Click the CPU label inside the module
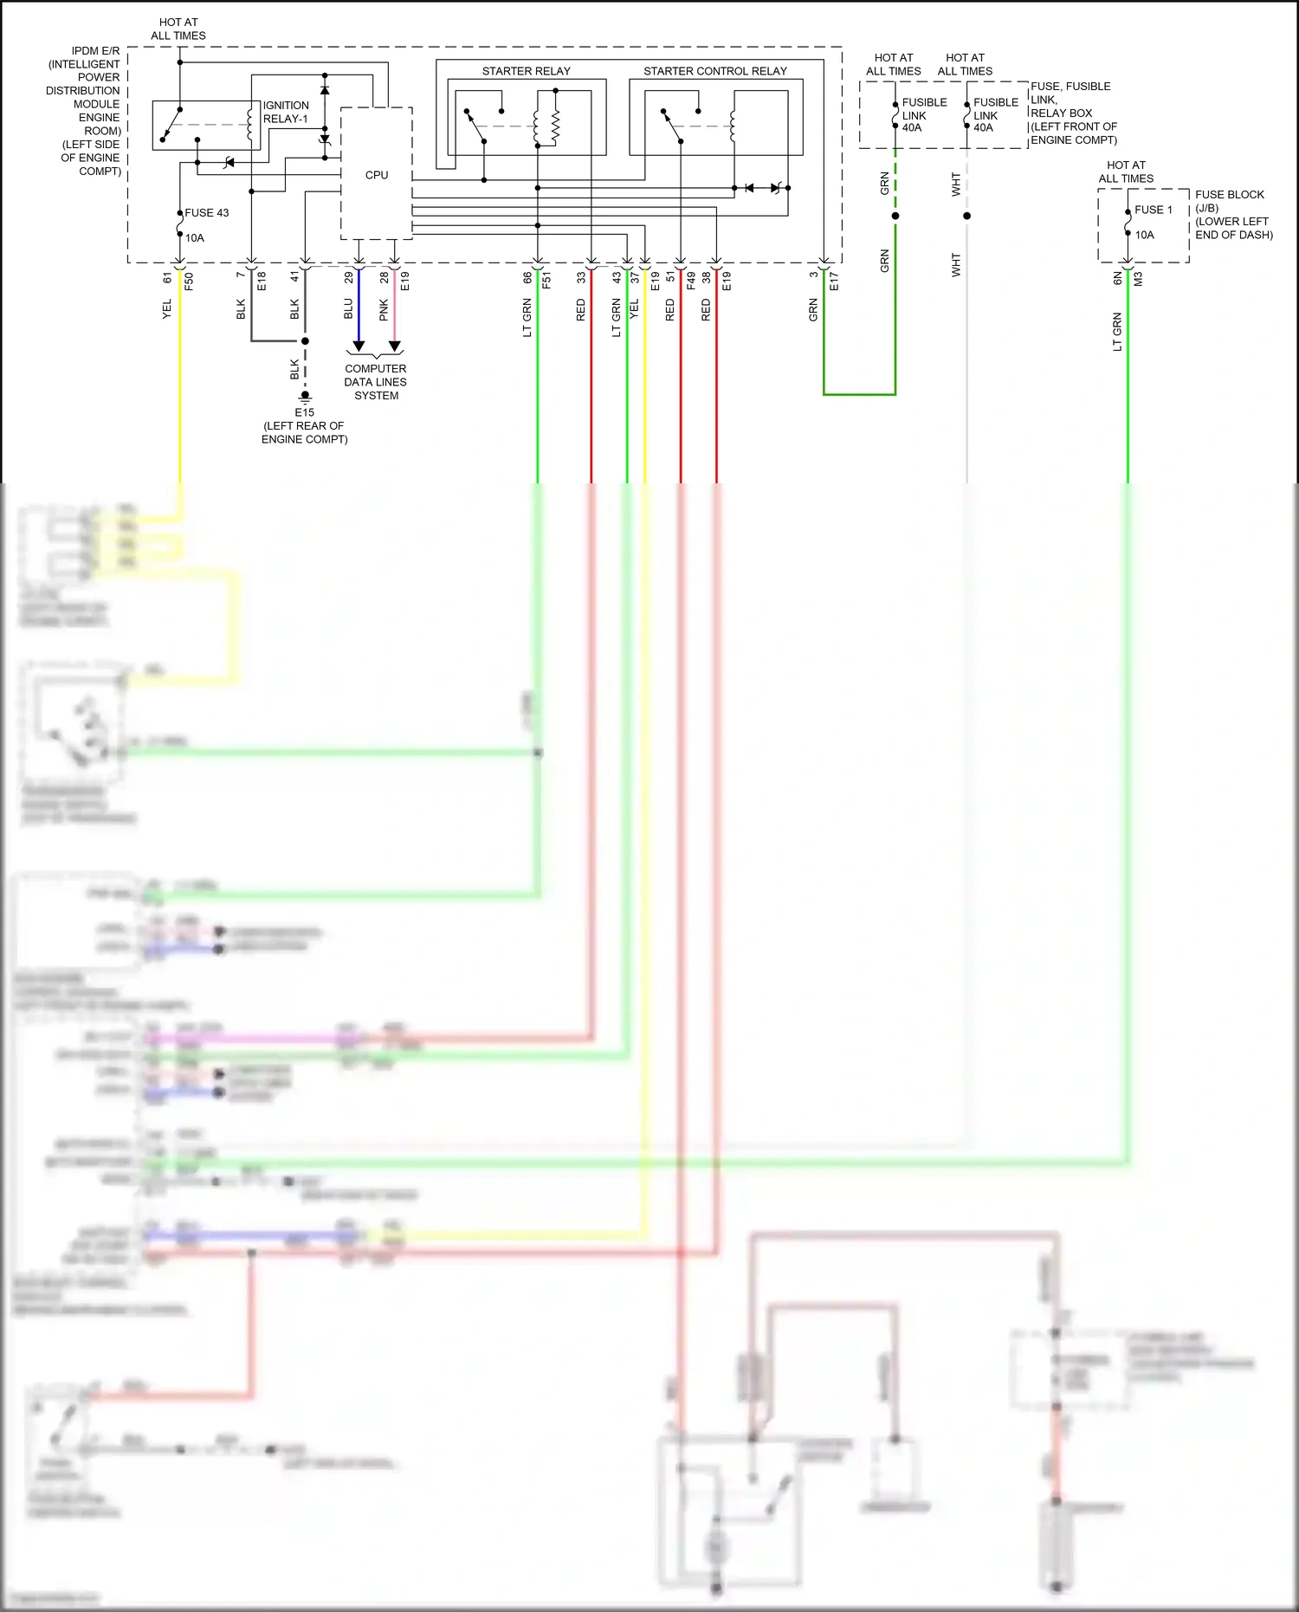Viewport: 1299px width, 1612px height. click(x=377, y=175)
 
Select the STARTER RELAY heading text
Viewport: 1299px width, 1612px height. click(x=526, y=71)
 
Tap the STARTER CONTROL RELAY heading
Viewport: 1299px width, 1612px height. click(x=714, y=71)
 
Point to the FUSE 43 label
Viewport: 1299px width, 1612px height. click(x=206, y=212)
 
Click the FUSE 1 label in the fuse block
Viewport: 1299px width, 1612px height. click(x=1154, y=210)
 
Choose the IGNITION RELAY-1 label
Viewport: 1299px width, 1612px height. click(x=286, y=112)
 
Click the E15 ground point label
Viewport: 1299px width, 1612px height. click(x=304, y=412)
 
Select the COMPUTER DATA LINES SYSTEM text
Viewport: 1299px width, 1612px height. click(x=376, y=382)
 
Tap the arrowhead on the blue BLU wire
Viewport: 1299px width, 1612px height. click(x=359, y=346)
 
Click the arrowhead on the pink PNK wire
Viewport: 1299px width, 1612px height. click(x=395, y=346)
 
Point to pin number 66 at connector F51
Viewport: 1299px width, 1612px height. click(x=527, y=277)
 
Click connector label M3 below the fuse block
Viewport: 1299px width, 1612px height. click(x=1138, y=279)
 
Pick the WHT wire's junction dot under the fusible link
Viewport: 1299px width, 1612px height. click(x=966, y=216)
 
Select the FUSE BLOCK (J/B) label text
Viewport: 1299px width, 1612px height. click(x=1229, y=201)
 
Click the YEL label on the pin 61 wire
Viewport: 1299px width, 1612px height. click(x=167, y=308)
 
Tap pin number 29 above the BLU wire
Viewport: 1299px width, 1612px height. click(x=349, y=277)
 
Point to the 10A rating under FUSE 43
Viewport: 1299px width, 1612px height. click(x=195, y=237)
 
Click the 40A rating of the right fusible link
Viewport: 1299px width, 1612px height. click(x=983, y=127)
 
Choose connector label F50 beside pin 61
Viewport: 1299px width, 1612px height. click(x=189, y=280)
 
